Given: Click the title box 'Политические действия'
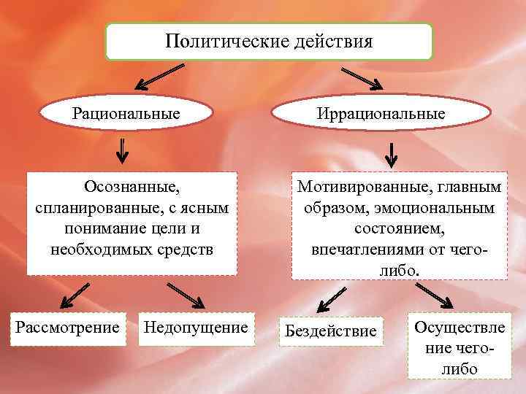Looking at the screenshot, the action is click(269, 41).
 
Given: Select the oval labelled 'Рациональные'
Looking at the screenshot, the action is click(126, 114).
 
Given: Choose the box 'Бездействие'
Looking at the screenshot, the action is click(330, 331).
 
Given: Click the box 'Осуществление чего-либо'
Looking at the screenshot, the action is click(460, 347).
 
